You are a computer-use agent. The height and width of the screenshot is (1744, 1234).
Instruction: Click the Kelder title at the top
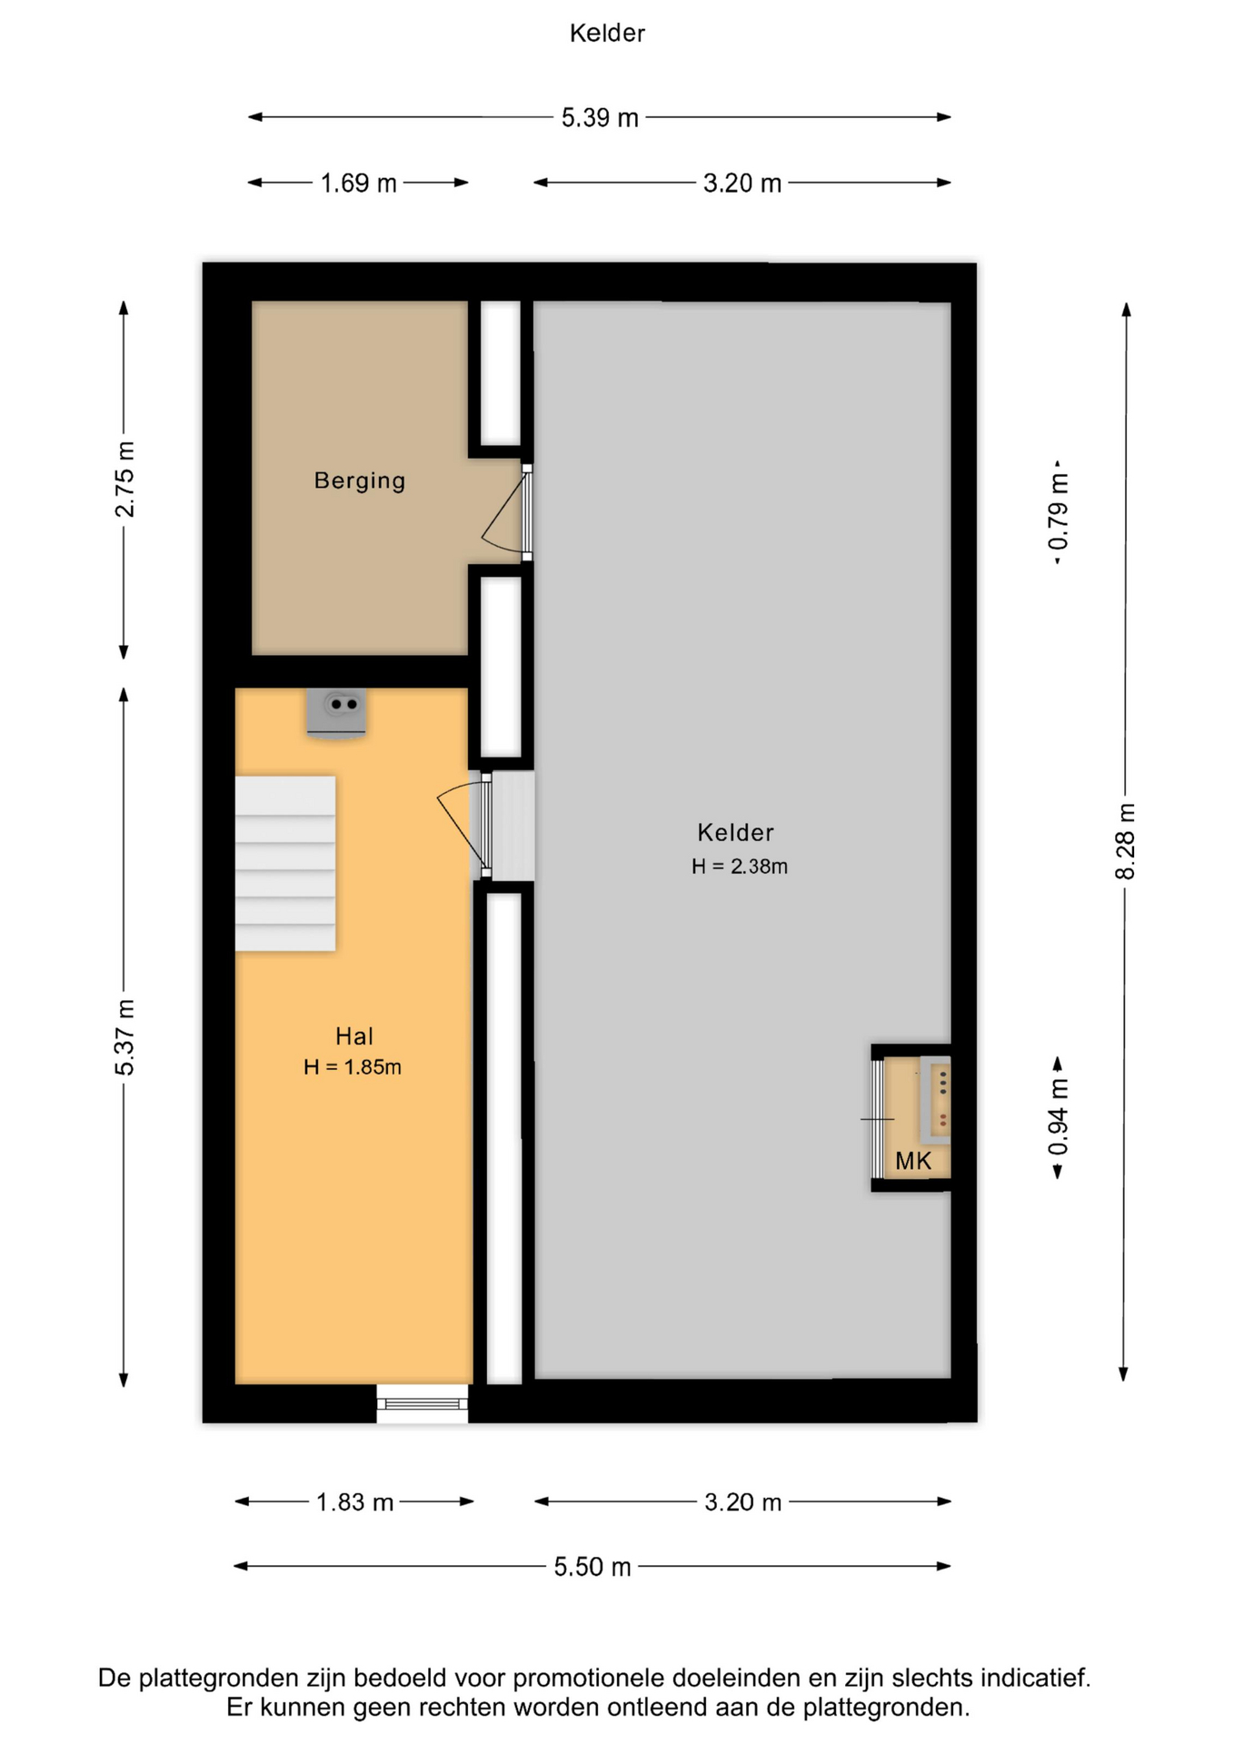[x=607, y=34]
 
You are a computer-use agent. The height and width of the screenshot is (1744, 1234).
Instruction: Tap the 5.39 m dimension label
[x=600, y=118]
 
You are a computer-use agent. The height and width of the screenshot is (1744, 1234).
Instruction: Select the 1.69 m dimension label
[x=358, y=183]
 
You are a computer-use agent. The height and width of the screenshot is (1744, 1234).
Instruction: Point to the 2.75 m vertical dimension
[x=124, y=480]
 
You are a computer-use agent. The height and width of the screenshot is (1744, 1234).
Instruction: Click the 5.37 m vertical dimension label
[x=124, y=1037]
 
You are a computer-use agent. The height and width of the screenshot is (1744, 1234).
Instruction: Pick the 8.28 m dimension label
[x=1125, y=841]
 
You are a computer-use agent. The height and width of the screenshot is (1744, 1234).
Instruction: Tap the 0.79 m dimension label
[x=1059, y=512]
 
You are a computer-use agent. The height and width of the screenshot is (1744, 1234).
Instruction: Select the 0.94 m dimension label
[x=1059, y=1118]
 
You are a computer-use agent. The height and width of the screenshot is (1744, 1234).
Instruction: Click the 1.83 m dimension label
[x=354, y=1502]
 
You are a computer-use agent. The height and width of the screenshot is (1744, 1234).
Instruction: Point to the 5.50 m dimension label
[x=592, y=1567]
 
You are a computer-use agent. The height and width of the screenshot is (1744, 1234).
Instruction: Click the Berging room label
[x=360, y=481]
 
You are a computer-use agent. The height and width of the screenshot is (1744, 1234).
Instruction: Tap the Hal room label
[x=354, y=1036]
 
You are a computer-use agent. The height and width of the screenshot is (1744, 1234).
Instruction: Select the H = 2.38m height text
[x=740, y=867]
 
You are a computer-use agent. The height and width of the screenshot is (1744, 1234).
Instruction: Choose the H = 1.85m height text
[x=353, y=1067]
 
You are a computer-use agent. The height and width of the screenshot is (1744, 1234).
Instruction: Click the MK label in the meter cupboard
[x=913, y=1161]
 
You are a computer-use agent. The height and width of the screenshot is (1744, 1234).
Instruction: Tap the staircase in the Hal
[x=285, y=864]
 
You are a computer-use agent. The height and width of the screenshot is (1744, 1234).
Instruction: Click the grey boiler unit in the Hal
[x=336, y=713]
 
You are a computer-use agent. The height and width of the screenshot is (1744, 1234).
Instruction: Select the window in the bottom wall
[x=423, y=1404]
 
